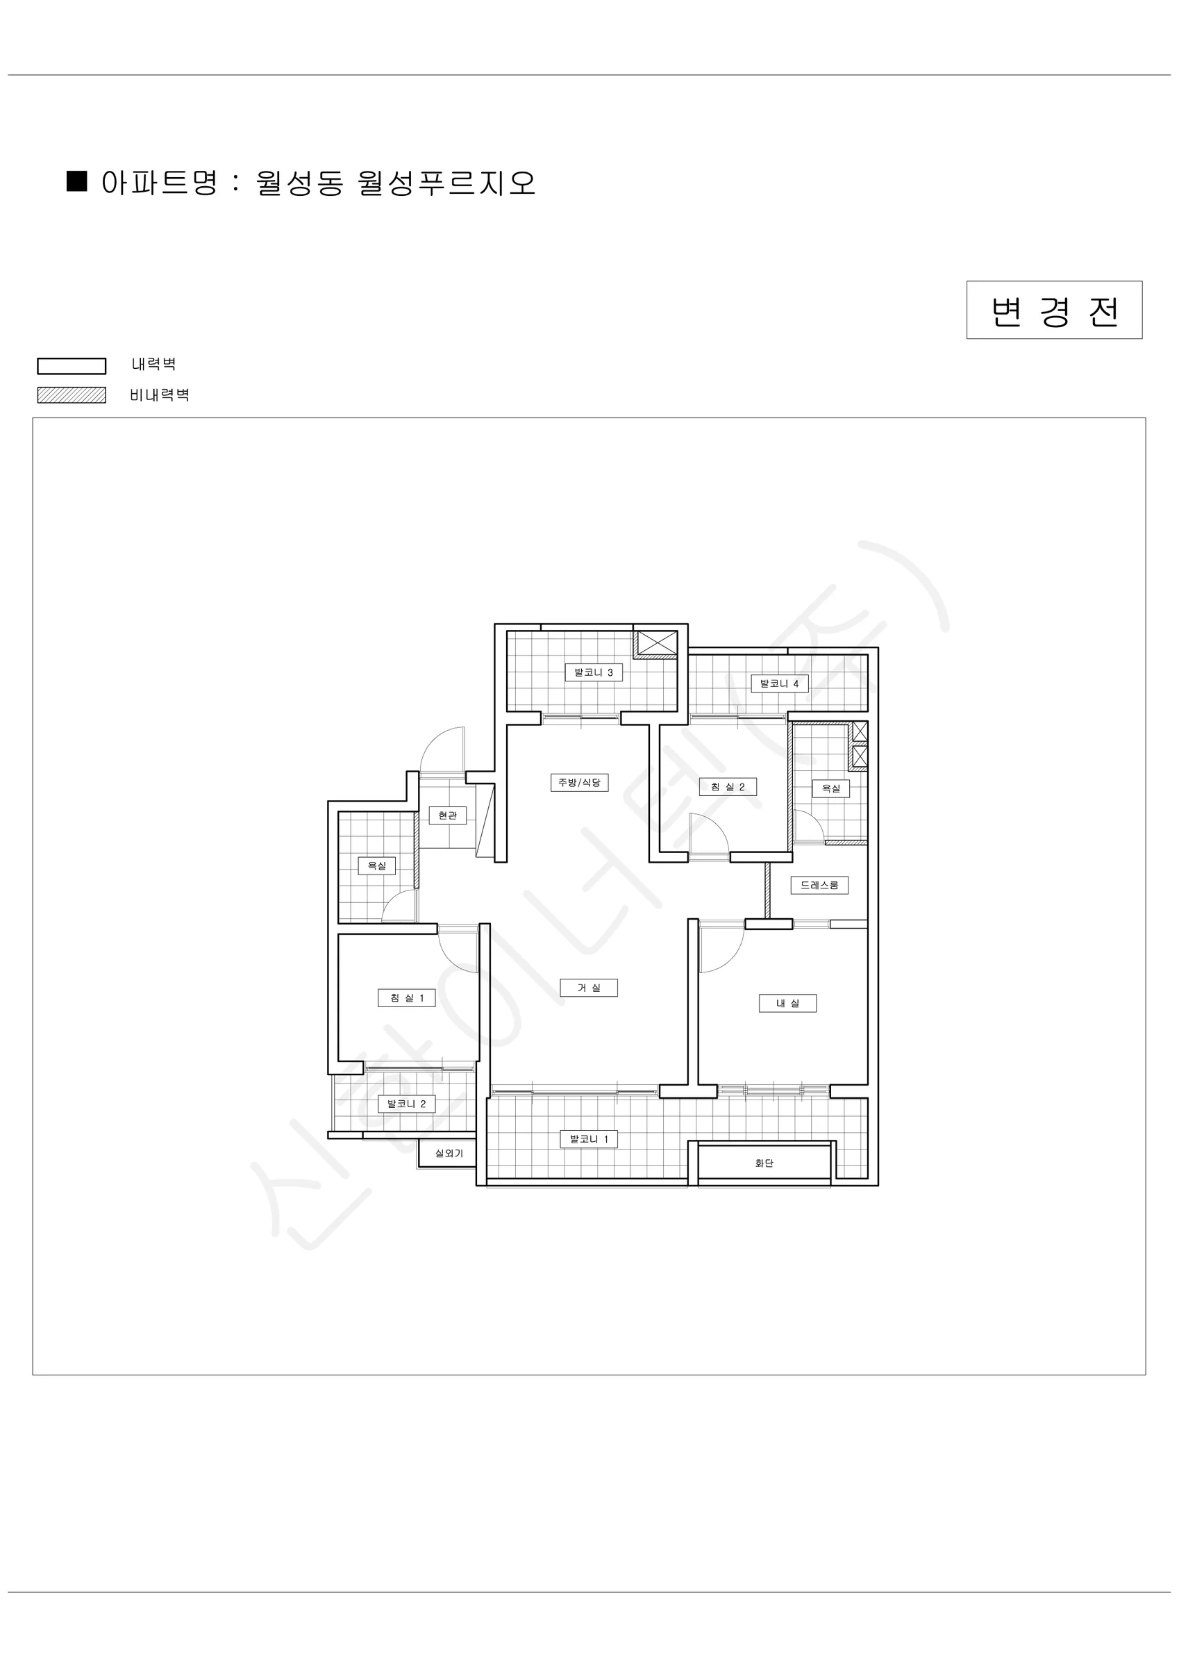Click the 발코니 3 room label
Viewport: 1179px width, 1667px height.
(x=594, y=672)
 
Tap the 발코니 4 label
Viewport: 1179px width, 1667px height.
(x=780, y=683)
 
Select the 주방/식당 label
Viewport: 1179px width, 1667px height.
(x=579, y=783)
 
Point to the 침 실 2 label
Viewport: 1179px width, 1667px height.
(x=728, y=787)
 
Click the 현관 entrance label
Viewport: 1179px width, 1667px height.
(x=447, y=815)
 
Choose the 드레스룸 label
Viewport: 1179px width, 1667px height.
(x=819, y=885)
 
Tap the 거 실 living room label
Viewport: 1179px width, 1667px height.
(x=589, y=988)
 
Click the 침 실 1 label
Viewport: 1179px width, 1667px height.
(x=407, y=997)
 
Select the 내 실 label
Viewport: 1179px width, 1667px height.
(x=787, y=1004)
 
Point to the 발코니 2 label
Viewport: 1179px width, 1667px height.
(x=407, y=1104)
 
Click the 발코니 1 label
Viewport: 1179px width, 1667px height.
(x=589, y=1139)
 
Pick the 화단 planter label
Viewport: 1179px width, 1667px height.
(x=764, y=1163)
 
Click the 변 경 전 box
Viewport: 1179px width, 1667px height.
(x=1054, y=310)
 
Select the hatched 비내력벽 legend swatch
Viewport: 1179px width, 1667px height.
(x=72, y=395)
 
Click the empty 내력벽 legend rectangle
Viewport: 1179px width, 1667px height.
(x=72, y=366)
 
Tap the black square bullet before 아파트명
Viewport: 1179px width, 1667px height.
(x=77, y=181)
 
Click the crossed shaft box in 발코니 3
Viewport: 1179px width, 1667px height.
(x=657, y=643)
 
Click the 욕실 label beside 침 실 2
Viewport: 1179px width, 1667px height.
(x=831, y=788)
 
